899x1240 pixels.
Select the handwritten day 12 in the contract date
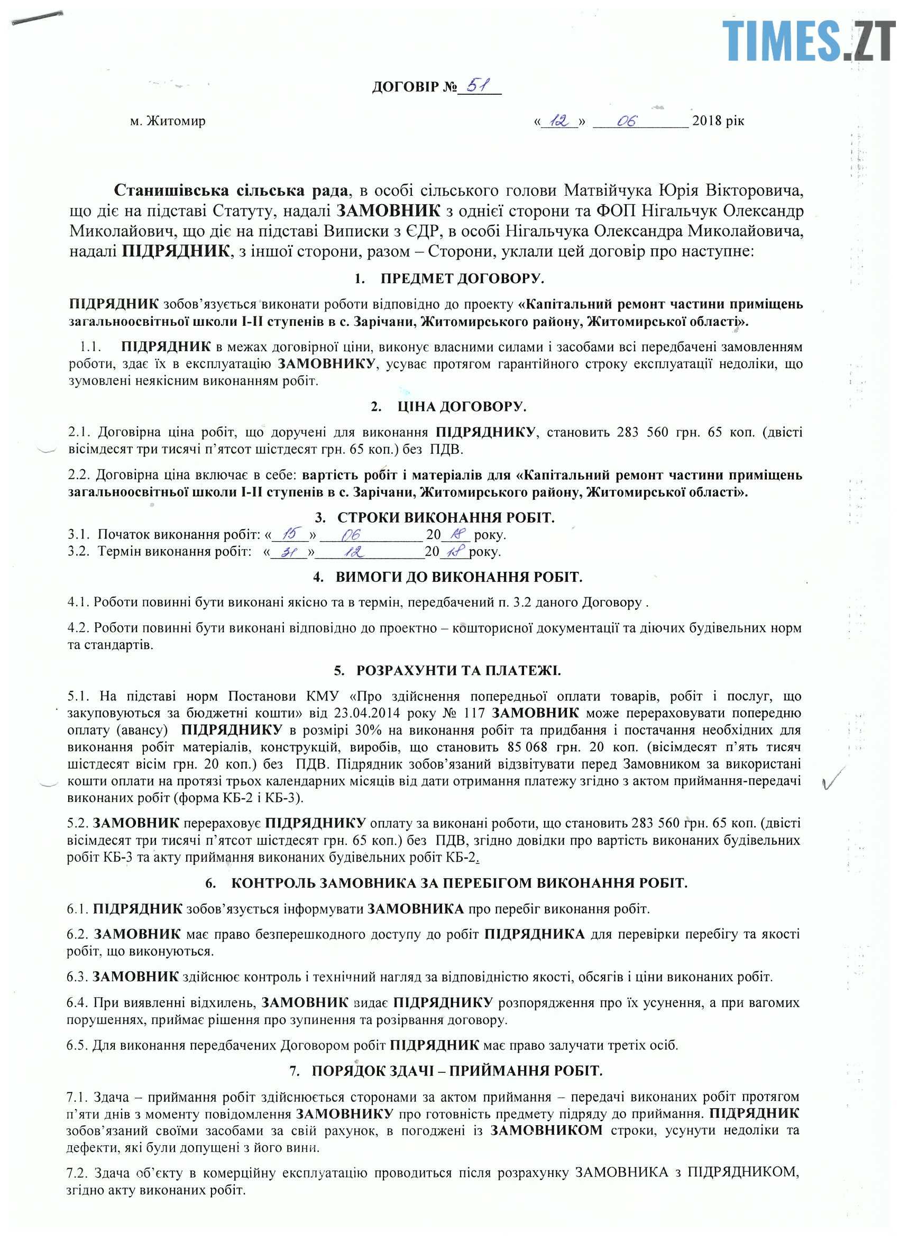pos(559,121)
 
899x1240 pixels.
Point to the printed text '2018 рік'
pos(718,120)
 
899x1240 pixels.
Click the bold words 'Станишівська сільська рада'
pos(230,190)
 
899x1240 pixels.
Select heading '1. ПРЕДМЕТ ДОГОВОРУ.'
pos(448,278)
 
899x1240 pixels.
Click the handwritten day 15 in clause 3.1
pos(290,533)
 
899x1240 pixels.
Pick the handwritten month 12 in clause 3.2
pos(354,551)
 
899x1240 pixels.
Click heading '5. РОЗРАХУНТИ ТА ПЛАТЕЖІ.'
pos(447,670)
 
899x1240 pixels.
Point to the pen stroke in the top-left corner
pos(36,17)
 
